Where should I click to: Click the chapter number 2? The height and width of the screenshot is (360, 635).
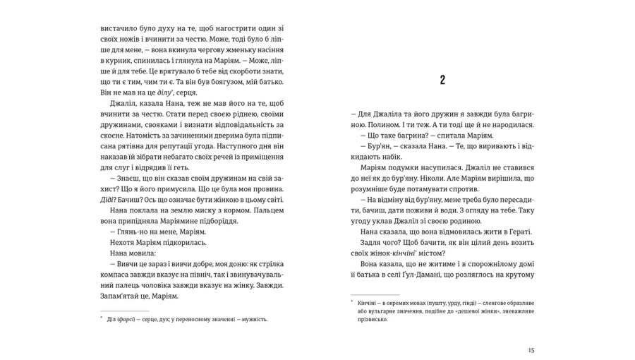point(442,80)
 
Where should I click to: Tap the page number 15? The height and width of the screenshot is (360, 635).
point(531,350)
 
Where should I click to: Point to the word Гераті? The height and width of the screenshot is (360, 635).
point(519,232)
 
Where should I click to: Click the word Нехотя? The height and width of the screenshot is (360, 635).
point(123,242)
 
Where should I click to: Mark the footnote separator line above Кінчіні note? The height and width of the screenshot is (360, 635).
point(375,294)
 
